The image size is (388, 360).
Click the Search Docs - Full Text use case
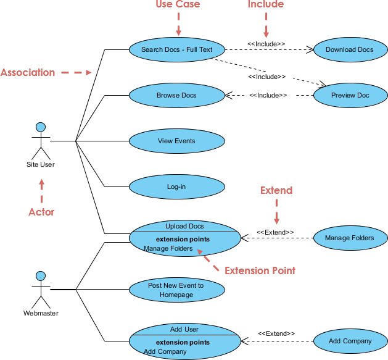(176, 49)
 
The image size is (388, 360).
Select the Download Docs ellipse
(350, 49)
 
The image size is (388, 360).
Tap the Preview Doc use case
(350, 95)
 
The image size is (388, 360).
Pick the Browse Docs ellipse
(176, 95)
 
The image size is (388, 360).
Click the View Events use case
(176, 141)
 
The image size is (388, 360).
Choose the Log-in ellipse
(176, 186)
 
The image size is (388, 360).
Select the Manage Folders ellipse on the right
(350, 238)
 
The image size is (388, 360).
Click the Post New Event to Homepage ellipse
(176, 290)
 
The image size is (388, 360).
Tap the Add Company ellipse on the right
(350, 341)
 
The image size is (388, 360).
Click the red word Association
(28, 72)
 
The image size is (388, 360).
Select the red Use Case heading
(178, 5)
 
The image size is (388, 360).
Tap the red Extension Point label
(260, 270)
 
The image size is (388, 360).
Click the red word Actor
(41, 212)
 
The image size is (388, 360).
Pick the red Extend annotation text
(276, 190)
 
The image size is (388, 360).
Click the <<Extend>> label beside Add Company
(276, 333)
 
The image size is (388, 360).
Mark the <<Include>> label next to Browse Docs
(268, 95)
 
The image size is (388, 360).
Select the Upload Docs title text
(184, 226)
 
